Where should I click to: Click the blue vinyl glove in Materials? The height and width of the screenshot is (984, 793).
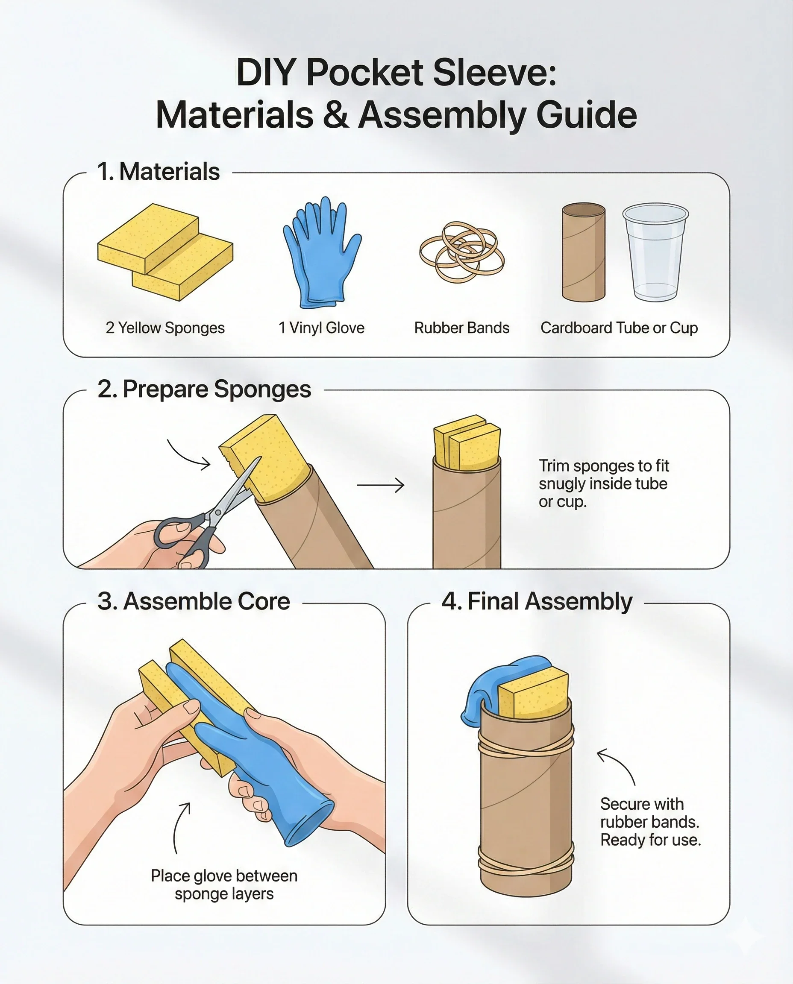tap(322, 253)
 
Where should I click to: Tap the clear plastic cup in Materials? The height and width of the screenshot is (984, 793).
tap(655, 252)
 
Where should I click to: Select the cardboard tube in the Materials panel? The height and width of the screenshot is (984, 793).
tap(583, 252)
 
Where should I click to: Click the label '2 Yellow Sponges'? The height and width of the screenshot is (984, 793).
tap(165, 328)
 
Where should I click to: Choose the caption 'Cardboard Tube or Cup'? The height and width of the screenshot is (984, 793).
tap(619, 328)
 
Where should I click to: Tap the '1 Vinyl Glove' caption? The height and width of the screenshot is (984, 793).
tap(322, 328)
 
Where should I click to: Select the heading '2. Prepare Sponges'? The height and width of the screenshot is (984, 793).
tap(204, 389)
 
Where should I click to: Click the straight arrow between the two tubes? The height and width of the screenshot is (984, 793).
tap(381, 485)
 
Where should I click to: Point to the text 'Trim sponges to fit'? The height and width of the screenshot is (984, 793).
tap(604, 466)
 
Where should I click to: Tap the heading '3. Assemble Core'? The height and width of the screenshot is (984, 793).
tap(194, 601)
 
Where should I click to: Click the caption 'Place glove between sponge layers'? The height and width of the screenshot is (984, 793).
tap(224, 884)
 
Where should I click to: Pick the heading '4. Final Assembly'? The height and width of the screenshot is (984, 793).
tap(537, 601)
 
